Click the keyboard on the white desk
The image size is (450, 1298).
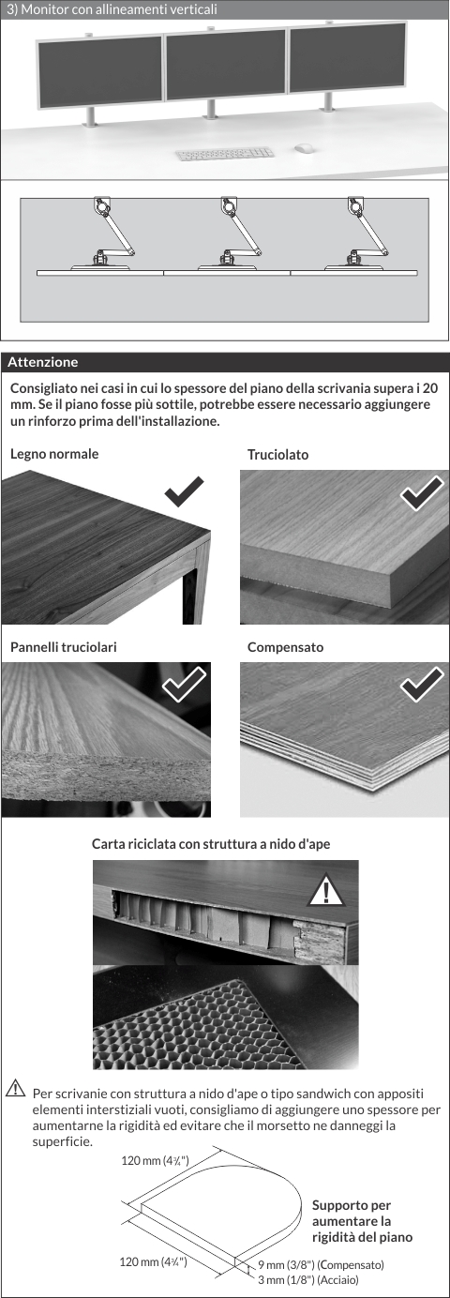pyautogui.click(x=224, y=154)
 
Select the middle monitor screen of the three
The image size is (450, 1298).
pyautogui.click(x=227, y=65)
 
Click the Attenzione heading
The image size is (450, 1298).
pyautogui.click(x=43, y=362)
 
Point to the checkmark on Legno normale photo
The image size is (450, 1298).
pyautogui.click(x=184, y=491)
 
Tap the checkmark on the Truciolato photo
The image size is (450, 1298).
pyautogui.click(x=422, y=493)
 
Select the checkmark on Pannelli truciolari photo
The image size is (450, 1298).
pyautogui.click(x=184, y=684)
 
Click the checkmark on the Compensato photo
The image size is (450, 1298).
pyautogui.click(x=422, y=684)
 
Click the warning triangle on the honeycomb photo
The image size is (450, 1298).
pyautogui.click(x=326, y=889)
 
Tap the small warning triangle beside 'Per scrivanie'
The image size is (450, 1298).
pyautogui.click(x=15, y=1088)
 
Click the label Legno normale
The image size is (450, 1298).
pyautogui.click(x=54, y=454)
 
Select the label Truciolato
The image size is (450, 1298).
pyautogui.click(x=278, y=454)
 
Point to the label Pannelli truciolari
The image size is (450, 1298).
pyautogui.click(x=64, y=647)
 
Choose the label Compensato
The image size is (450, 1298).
pyautogui.click(x=286, y=647)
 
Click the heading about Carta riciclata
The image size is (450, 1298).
pyautogui.click(x=211, y=844)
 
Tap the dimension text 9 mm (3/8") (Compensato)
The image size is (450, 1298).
pyautogui.click(x=321, y=1264)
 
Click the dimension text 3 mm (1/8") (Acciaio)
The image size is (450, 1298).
pyautogui.click(x=308, y=1279)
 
